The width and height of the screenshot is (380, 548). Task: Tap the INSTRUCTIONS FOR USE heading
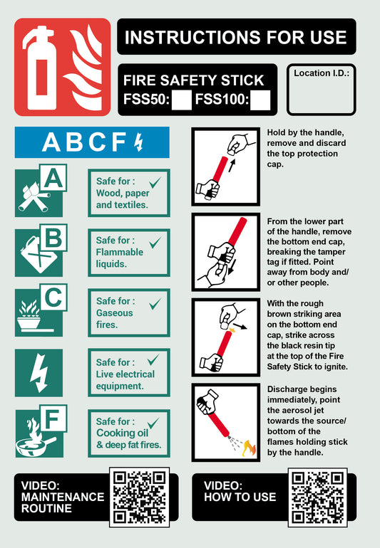(236, 38)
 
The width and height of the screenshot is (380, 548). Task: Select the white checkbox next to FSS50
(183, 100)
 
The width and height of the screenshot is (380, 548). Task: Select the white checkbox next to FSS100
(260, 100)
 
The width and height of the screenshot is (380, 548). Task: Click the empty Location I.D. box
(321, 95)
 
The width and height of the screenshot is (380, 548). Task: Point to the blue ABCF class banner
(92, 142)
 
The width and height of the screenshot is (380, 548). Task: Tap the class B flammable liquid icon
(39, 253)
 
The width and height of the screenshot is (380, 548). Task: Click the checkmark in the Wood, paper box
(155, 184)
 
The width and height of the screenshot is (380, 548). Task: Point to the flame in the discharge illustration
(248, 448)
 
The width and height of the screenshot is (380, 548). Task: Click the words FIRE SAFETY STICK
(194, 80)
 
